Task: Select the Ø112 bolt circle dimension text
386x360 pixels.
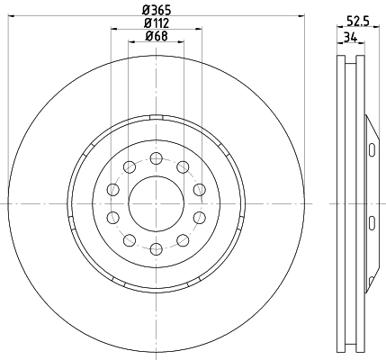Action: (157, 22)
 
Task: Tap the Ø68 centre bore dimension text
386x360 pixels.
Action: (157, 37)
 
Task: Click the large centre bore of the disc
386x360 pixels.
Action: (157, 202)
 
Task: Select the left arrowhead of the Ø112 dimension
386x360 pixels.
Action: (114, 30)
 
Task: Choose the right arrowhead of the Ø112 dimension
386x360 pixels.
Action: (198, 30)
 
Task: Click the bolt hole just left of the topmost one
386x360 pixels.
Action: (130, 166)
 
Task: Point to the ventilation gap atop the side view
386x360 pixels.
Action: (352, 63)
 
